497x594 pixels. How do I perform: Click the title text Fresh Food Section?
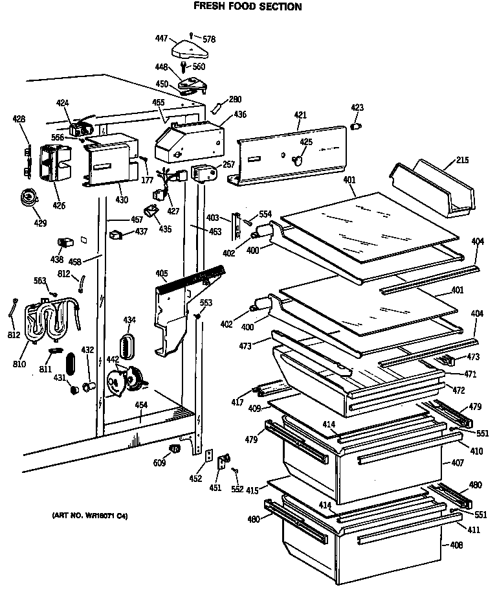click(x=248, y=7)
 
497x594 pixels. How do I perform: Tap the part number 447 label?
click(x=161, y=40)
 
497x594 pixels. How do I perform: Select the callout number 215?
click(x=461, y=160)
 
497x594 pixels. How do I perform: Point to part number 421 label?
click(x=300, y=115)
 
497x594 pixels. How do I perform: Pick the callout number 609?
click(x=159, y=463)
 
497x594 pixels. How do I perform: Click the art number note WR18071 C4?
click(x=89, y=516)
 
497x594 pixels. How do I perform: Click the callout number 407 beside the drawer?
click(x=457, y=463)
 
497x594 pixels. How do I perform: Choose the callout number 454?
click(x=140, y=406)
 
